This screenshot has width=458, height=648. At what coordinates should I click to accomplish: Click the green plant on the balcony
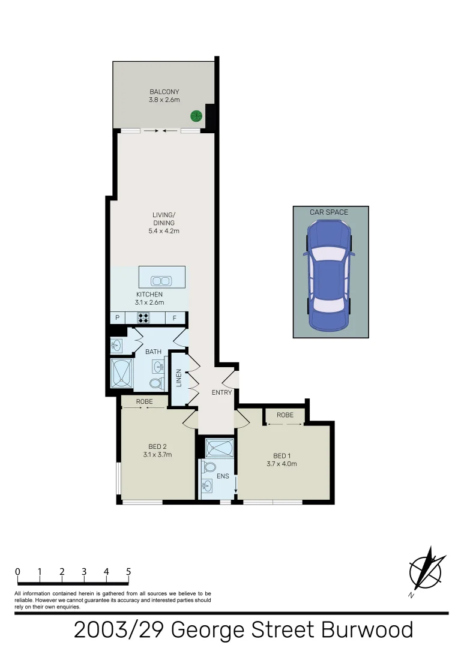tap(196, 116)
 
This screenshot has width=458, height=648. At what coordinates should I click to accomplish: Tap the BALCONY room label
tap(164, 92)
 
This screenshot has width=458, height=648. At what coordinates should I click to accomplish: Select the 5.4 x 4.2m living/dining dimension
tap(164, 230)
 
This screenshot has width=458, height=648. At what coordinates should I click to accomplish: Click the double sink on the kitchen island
tap(161, 280)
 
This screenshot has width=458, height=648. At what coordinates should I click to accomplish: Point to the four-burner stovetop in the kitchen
tap(143, 318)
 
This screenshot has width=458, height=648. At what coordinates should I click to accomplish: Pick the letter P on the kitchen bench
tap(118, 318)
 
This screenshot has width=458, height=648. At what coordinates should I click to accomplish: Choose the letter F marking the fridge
tap(175, 318)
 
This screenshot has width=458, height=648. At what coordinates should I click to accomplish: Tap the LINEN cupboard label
tap(178, 379)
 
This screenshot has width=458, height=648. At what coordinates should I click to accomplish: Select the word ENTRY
tap(221, 392)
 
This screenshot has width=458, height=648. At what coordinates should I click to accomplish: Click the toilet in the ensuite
tap(210, 467)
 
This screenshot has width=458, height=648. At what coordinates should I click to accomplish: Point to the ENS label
tap(223, 476)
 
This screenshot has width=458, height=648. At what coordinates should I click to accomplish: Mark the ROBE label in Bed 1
tap(285, 415)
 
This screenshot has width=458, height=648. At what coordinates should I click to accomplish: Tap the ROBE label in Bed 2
tap(144, 401)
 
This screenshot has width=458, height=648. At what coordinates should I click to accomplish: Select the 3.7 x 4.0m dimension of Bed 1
tap(282, 464)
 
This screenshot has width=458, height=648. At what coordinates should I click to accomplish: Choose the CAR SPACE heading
tap(329, 212)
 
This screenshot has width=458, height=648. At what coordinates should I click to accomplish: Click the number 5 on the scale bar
tap(128, 572)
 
